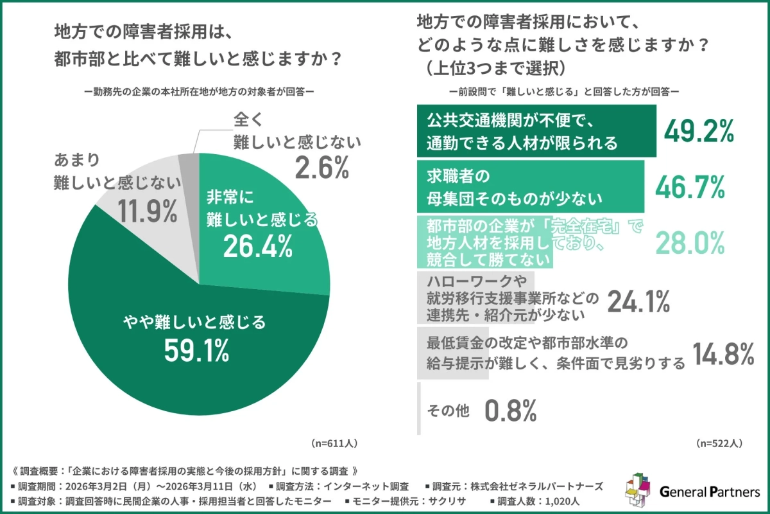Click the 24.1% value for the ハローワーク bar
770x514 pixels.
(638, 299)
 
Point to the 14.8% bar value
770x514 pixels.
(723, 354)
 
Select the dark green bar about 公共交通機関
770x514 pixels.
(536, 131)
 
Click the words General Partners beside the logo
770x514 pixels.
(710, 493)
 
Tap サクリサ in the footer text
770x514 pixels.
(466, 501)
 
